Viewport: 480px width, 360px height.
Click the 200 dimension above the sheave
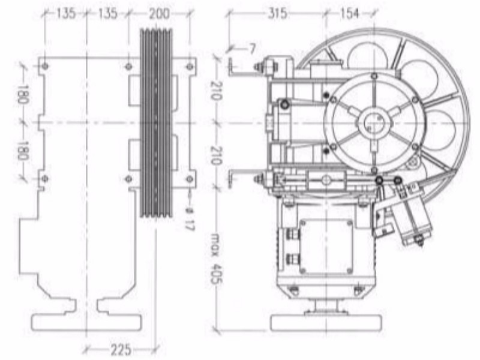click(x=159, y=14)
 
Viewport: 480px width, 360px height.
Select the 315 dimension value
click(x=277, y=14)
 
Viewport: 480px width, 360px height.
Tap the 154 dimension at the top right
click(x=349, y=14)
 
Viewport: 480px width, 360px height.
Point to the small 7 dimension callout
click(x=251, y=49)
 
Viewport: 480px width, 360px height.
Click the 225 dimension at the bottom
click(x=121, y=350)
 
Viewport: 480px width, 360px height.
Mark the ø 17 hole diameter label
click(x=190, y=218)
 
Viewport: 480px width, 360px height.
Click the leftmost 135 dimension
click(x=65, y=14)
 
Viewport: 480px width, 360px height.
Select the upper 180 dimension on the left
click(x=22, y=95)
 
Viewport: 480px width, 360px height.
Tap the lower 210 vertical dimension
click(x=215, y=155)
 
